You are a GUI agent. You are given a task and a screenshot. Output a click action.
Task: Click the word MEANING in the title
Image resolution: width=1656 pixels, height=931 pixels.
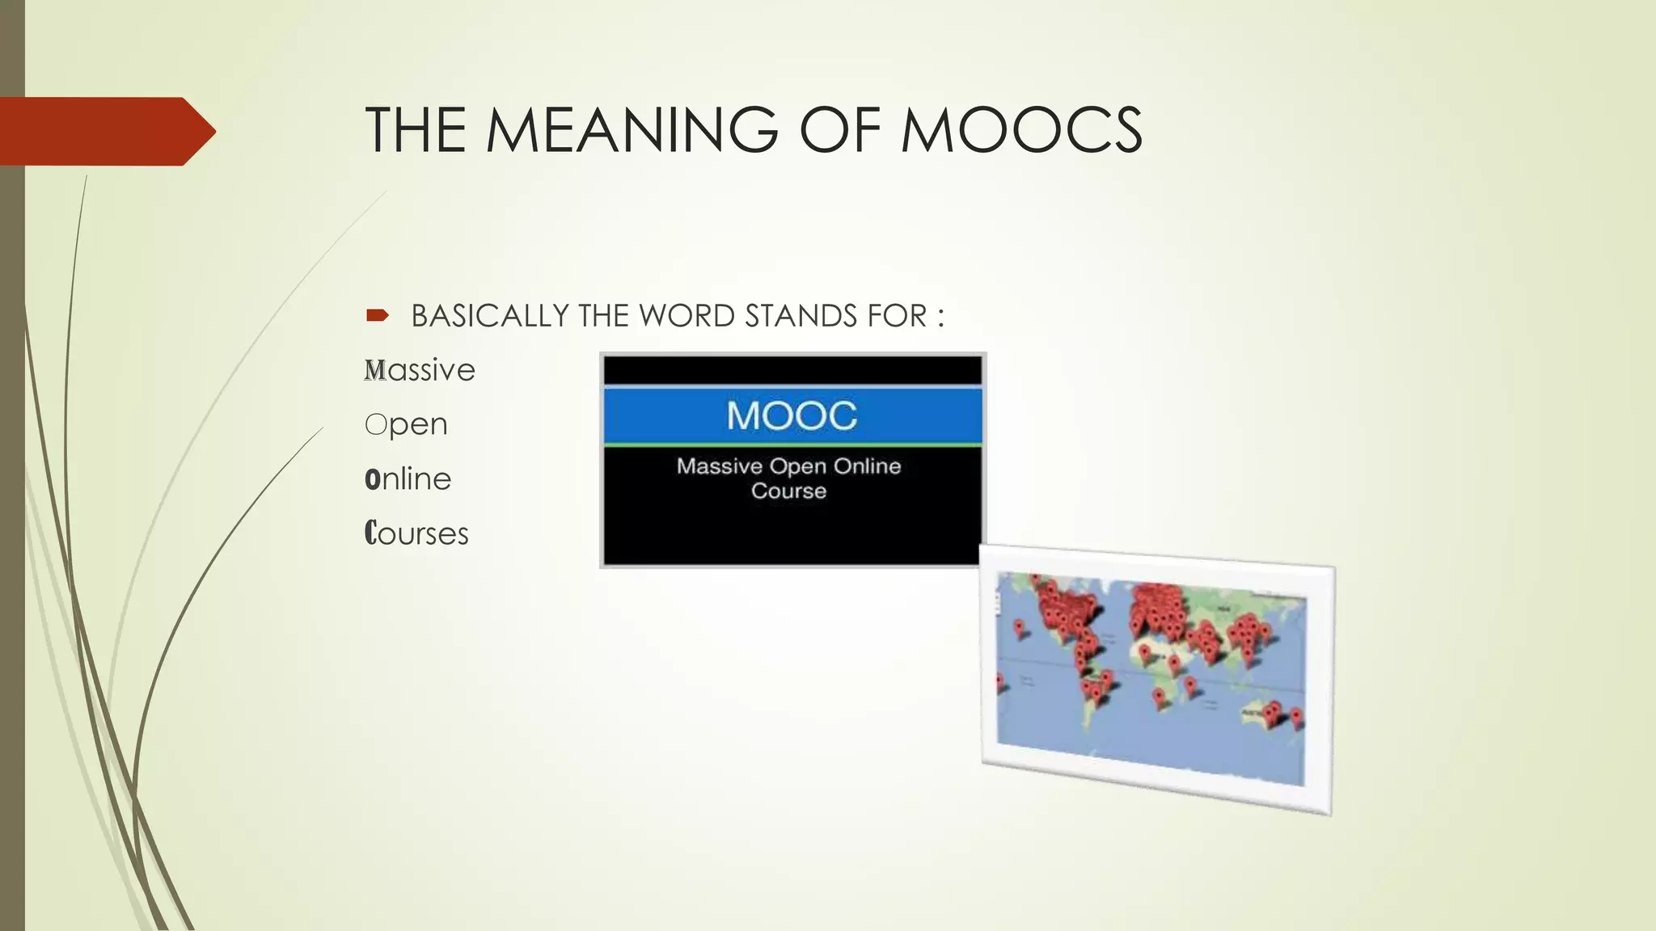[x=632, y=130]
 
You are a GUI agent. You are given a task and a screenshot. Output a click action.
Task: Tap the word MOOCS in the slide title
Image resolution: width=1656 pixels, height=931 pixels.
[x=1021, y=130]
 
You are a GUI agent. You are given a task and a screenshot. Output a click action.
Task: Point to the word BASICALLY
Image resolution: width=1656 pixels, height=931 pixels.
[x=490, y=316]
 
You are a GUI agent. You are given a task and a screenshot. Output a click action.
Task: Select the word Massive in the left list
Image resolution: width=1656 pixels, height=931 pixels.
[x=420, y=371]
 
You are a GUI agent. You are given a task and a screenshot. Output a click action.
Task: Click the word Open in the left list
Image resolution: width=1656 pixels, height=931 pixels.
[x=406, y=425]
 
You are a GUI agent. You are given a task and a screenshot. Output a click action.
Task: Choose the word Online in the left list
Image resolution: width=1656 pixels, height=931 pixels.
[x=408, y=479]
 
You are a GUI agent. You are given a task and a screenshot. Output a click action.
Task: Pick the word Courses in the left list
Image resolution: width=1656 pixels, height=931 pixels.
[x=416, y=534]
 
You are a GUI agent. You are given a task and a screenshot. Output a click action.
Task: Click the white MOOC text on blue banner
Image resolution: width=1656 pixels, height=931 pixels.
[x=792, y=416]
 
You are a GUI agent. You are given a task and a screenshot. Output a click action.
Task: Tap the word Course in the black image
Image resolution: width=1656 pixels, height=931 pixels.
[x=788, y=491]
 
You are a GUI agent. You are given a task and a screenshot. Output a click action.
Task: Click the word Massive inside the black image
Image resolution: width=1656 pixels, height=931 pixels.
[x=720, y=466]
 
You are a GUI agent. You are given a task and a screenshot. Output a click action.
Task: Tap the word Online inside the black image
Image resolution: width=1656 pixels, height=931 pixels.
[x=867, y=466]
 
